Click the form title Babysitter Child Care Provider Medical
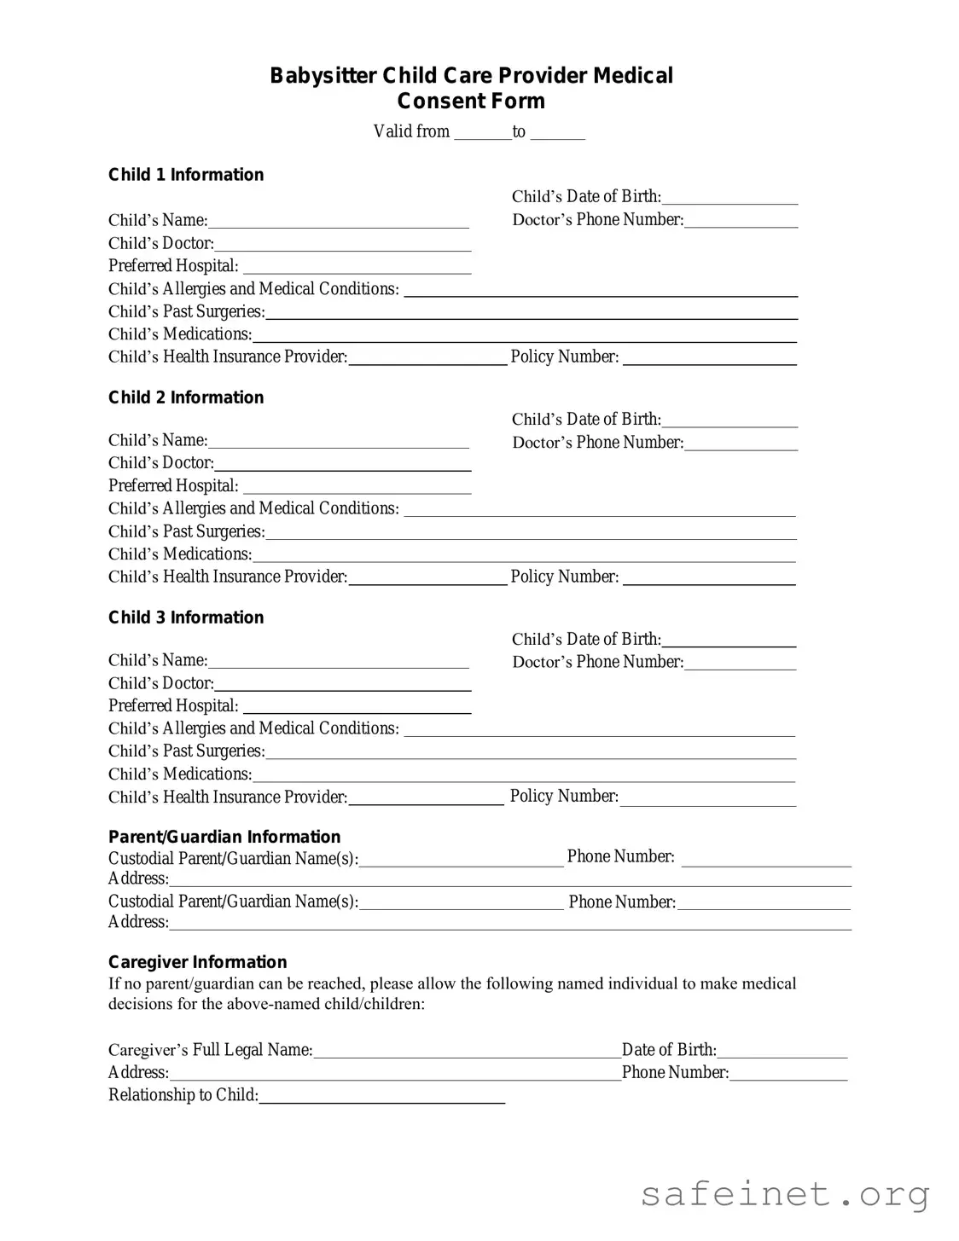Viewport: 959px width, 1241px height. click(471, 76)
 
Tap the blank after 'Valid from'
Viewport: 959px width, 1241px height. click(482, 132)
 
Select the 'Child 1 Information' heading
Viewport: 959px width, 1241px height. click(186, 175)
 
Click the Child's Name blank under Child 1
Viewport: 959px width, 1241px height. click(338, 222)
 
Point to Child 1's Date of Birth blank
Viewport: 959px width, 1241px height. click(729, 198)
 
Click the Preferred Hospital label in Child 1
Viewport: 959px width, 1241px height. click(173, 266)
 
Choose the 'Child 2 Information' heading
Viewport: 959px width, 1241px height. click(186, 397)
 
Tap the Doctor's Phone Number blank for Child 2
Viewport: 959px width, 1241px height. click(741, 444)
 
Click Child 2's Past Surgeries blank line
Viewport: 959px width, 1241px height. click(531, 533)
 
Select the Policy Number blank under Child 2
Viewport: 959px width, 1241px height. click(709, 578)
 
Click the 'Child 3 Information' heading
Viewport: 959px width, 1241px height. click(186, 618)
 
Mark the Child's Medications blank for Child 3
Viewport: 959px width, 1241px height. click(524, 775)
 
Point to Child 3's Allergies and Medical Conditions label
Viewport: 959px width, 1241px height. click(253, 728)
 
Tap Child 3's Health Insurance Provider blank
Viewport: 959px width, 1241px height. click(426, 798)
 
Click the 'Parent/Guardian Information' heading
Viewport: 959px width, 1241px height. click(224, 837)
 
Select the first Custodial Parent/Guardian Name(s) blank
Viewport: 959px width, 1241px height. click(461, 860)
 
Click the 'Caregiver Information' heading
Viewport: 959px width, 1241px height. click(198, 962)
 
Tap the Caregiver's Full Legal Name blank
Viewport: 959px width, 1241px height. click(467, 1052)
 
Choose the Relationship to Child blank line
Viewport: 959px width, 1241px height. click(381, 1097)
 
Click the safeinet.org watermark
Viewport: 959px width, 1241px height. click(785, 1194)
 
